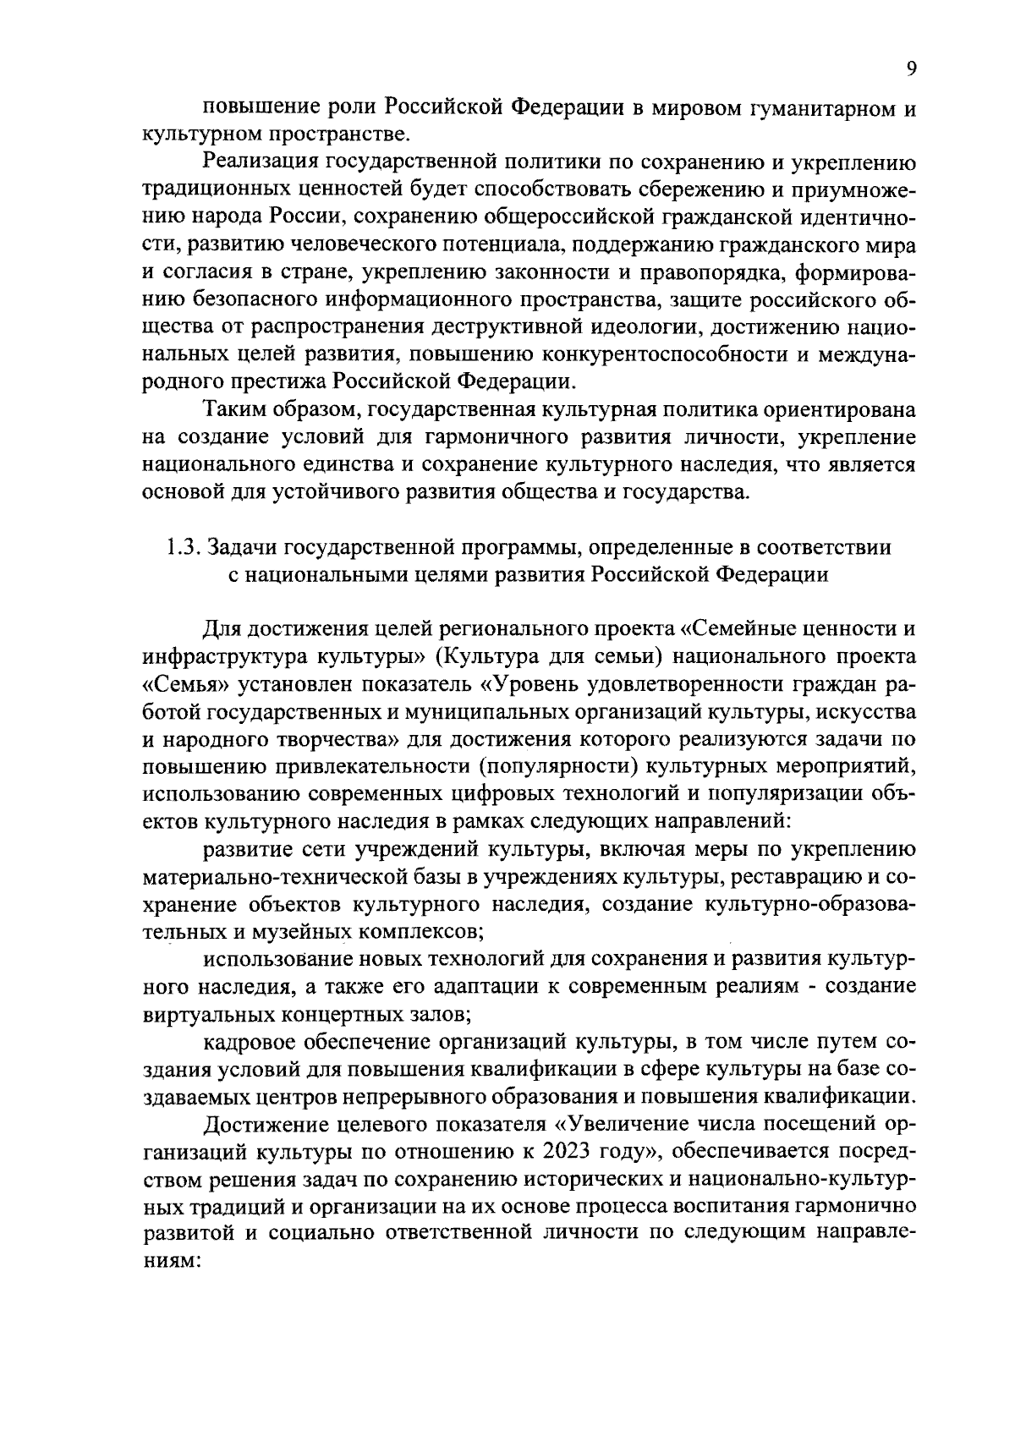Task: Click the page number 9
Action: pyautogui.click(x=911, y=69)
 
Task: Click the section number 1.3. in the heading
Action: pyautogui.click(x=181, y=547)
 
